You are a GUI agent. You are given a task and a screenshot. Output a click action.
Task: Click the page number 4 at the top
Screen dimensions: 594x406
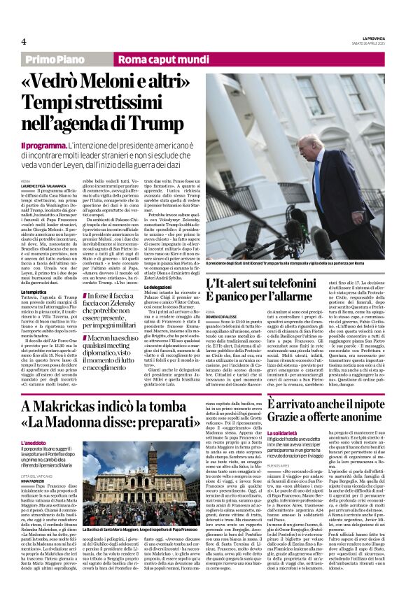[23, 41]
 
